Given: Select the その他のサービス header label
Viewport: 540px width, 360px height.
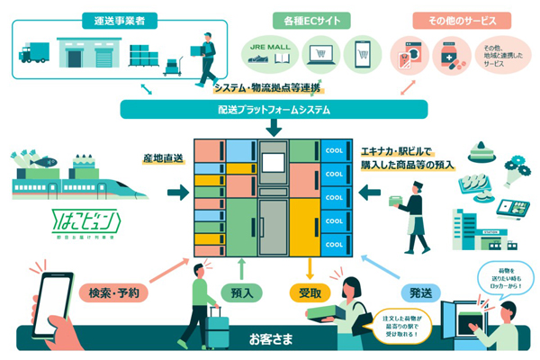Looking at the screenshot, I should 462,20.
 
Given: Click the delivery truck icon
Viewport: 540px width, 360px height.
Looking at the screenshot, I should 34,53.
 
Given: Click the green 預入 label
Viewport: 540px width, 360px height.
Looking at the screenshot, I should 242,292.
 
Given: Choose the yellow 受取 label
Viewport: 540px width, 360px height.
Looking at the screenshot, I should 310,292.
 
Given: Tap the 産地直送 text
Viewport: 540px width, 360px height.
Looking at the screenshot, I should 162,158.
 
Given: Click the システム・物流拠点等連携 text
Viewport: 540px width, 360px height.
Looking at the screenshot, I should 268,88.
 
